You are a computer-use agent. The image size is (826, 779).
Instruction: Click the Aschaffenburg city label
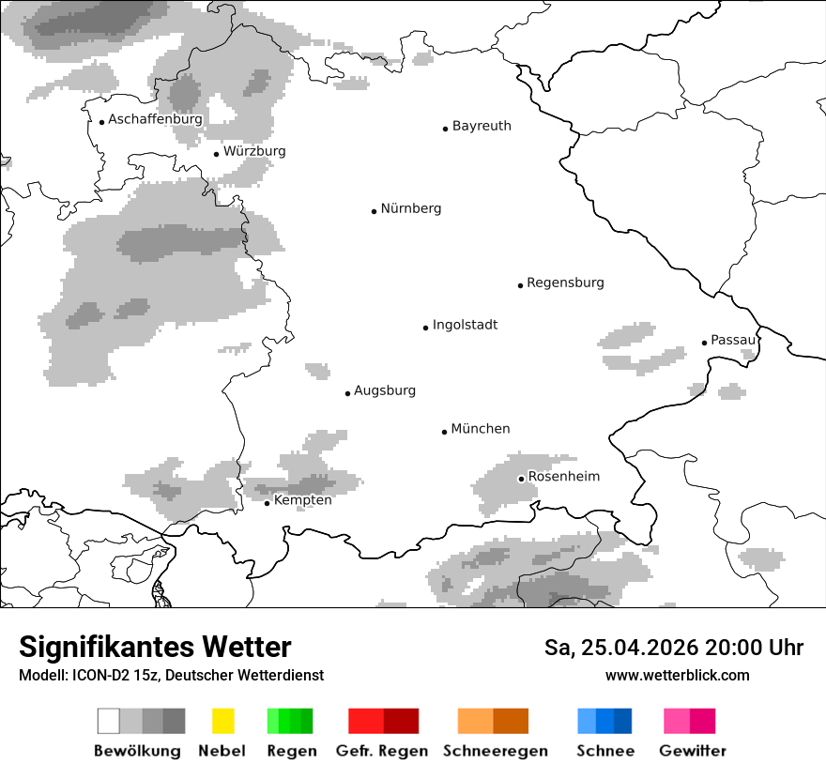155,119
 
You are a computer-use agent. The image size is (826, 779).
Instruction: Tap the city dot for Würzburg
216,154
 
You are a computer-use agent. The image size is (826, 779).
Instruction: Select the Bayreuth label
482,126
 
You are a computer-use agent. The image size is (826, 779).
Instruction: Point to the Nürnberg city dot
374,211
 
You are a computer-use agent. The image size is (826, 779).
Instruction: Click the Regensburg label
565,283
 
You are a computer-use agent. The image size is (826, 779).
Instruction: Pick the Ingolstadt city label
465,325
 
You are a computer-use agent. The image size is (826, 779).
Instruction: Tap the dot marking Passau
704,343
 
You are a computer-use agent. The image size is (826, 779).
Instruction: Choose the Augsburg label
385,390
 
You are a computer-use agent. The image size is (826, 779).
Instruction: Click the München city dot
445,432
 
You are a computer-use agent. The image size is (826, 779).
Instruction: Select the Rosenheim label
563,477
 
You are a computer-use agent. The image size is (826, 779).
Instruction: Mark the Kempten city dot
267,503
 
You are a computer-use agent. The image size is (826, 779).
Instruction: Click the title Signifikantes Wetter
155,647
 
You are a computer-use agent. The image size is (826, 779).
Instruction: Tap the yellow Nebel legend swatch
222,721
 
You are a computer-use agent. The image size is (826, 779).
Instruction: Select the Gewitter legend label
693,751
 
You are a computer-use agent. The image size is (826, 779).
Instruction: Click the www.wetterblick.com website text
677,675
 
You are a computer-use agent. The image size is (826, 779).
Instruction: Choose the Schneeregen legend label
496,751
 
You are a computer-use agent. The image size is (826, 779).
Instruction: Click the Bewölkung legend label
137,751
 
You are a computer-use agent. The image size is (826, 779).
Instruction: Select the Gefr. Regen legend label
382,751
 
